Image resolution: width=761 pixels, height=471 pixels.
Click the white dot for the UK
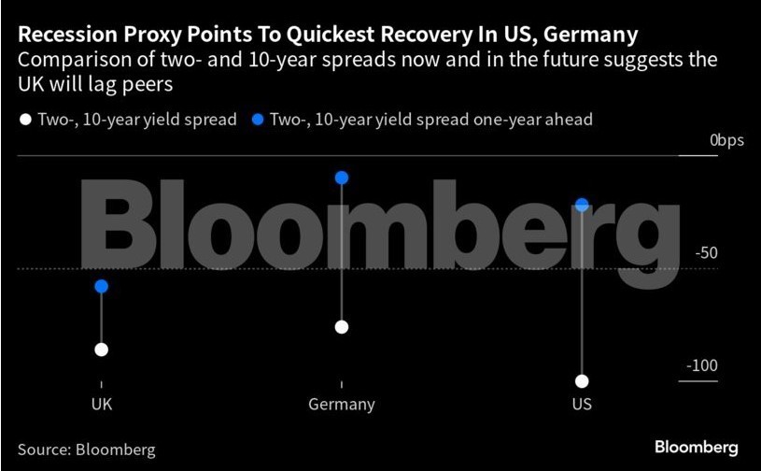pos(101,350)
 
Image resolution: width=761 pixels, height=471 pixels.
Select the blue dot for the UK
pos(101,286)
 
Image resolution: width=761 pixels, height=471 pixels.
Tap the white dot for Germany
pos(342,327)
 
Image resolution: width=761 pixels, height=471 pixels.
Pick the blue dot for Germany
pos(342,178)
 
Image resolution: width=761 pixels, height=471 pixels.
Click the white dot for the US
pos(582,380)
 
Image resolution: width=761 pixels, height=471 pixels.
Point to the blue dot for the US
pos(582,205)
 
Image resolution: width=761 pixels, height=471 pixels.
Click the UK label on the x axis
pos(101,405)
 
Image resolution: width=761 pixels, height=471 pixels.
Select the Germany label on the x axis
pos(342,405)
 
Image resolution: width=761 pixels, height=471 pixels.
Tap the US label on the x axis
pos(582,405)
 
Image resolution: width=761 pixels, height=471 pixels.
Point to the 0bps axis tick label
pos(726,140)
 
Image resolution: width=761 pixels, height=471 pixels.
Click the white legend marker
pos(24,120)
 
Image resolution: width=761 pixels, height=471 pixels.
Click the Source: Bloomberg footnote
pos(86,450)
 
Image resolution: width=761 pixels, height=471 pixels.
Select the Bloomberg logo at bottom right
pos(696,447)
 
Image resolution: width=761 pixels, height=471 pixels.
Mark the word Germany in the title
pos(591,36)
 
